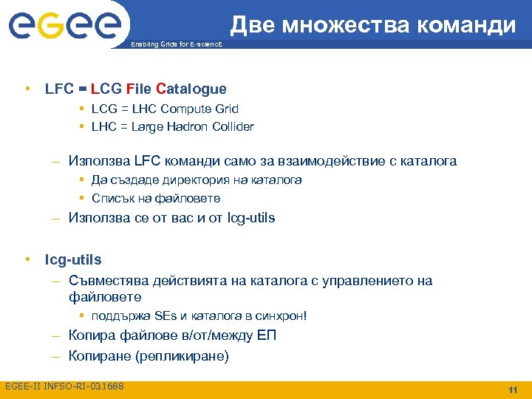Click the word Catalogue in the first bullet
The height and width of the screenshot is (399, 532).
click(191, 89)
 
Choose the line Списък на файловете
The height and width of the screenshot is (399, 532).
click(156, 198)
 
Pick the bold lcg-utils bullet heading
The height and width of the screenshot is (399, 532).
click(73, 260)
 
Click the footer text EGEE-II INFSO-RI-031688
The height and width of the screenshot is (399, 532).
click(64, 386)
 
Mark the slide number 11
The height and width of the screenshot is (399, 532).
click(512, 389)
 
